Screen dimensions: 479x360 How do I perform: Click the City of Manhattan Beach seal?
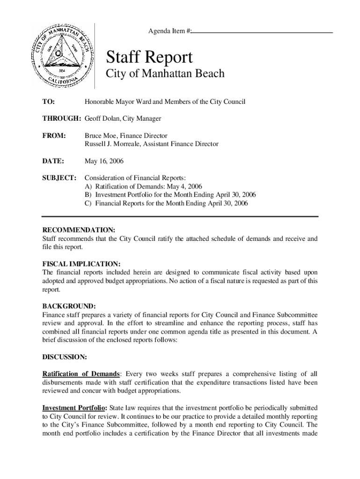61,55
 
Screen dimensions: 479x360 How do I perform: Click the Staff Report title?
149,58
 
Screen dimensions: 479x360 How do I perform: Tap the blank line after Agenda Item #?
262,32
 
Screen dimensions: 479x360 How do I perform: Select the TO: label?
49,102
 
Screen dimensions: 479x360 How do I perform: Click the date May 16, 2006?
104,161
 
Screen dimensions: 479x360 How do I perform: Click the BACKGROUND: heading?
69,306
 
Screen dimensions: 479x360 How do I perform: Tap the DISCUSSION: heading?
65,357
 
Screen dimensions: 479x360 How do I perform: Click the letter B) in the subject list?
88,195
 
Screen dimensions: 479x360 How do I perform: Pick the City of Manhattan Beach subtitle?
158,73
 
